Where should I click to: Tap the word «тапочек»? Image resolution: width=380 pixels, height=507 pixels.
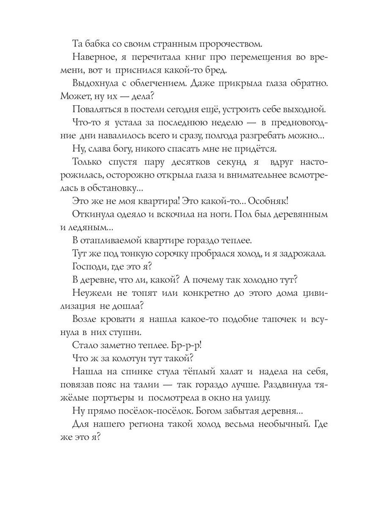(276, 319)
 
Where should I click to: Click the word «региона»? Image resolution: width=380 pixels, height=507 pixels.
(148, 425)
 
